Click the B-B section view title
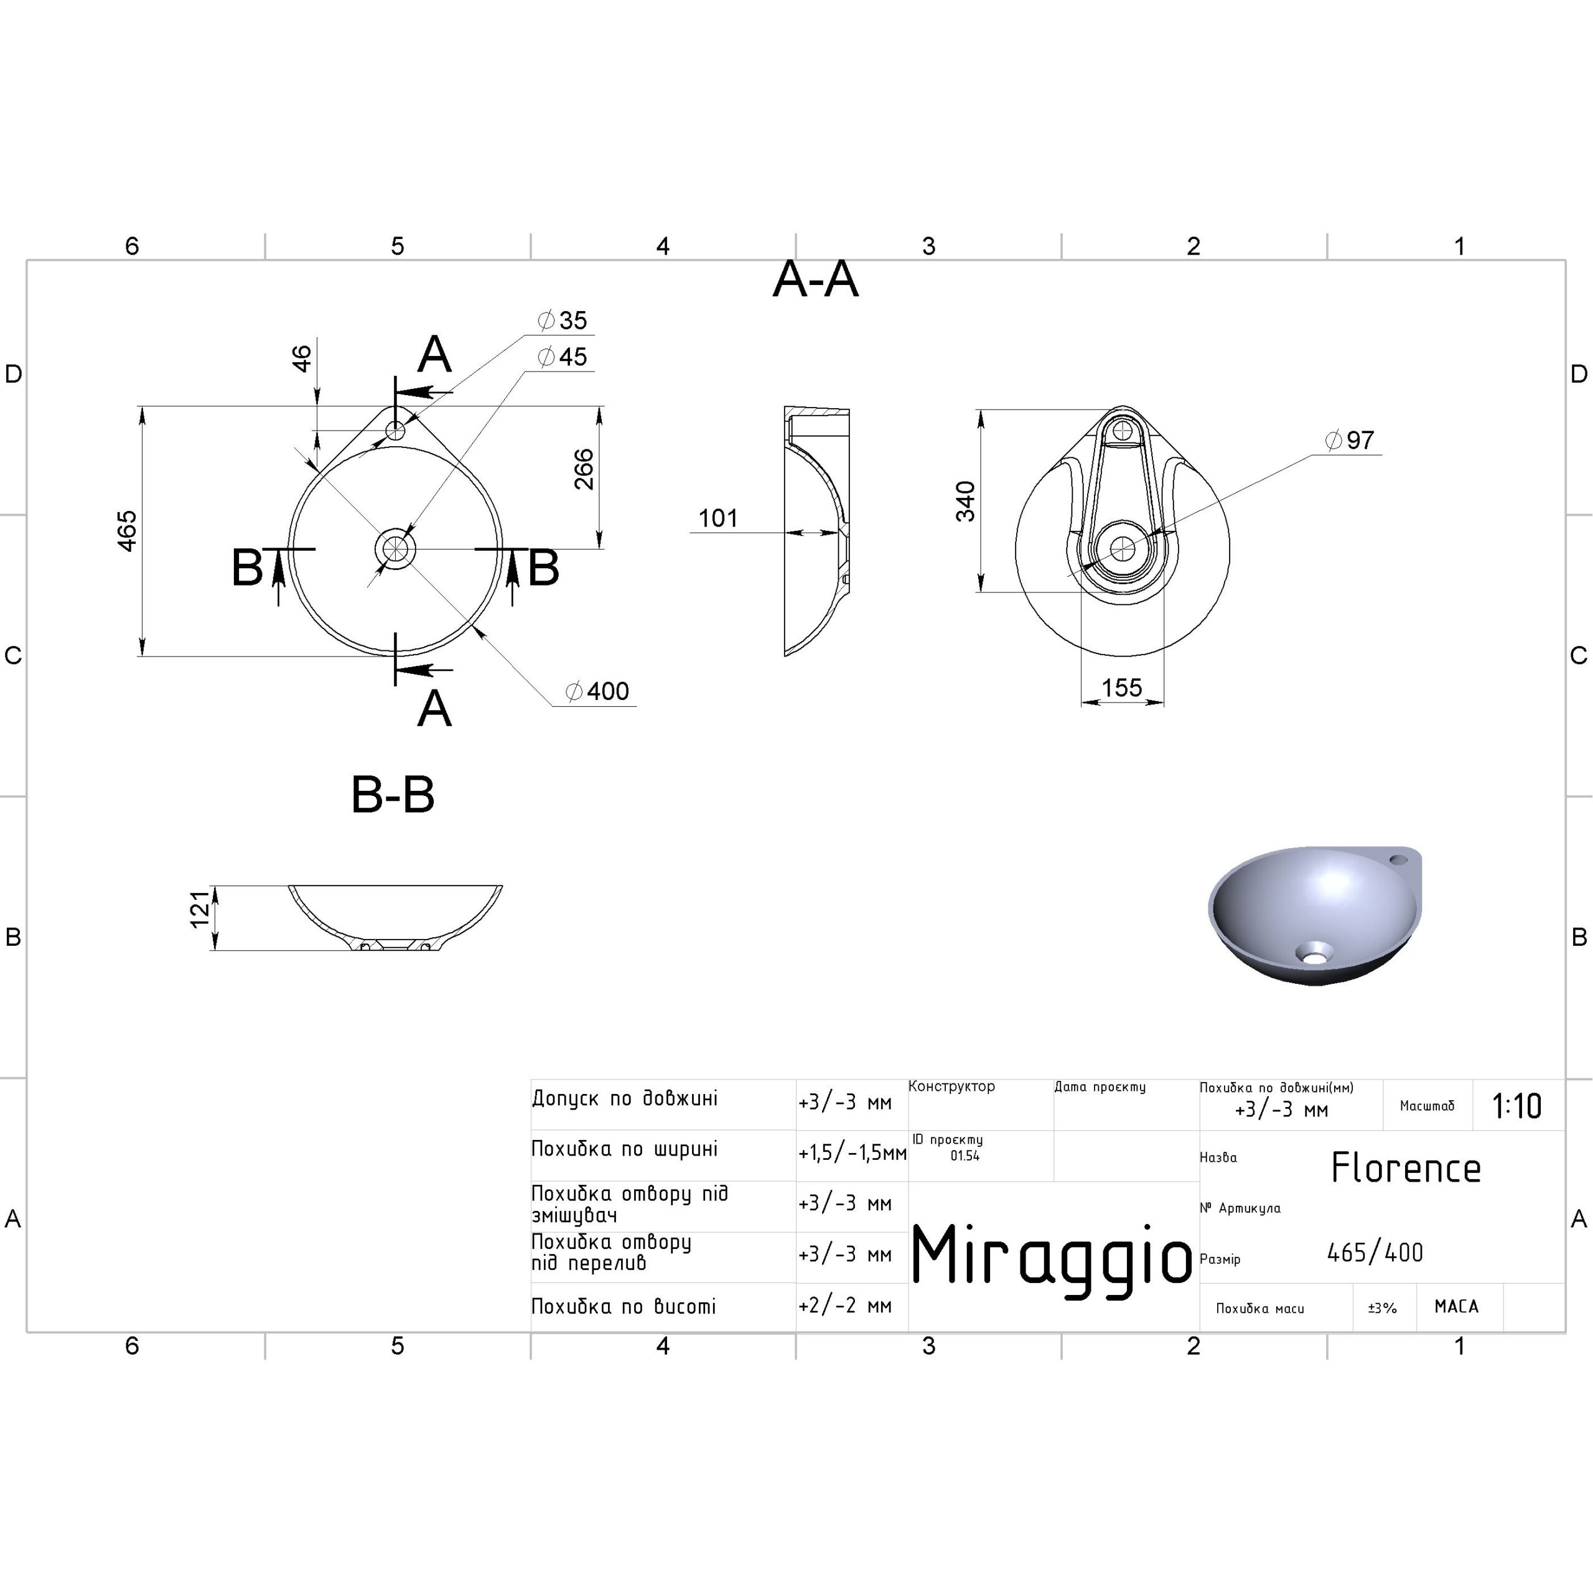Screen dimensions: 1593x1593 (393, 795)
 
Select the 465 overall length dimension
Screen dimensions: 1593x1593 (127, 531)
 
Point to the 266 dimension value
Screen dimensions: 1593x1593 (584, 469)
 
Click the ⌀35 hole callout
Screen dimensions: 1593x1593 (563, 320)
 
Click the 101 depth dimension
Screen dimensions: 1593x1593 (718, 518)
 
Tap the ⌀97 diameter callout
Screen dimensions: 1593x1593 (1350, 441)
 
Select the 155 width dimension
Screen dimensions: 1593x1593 (1122, 688)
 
